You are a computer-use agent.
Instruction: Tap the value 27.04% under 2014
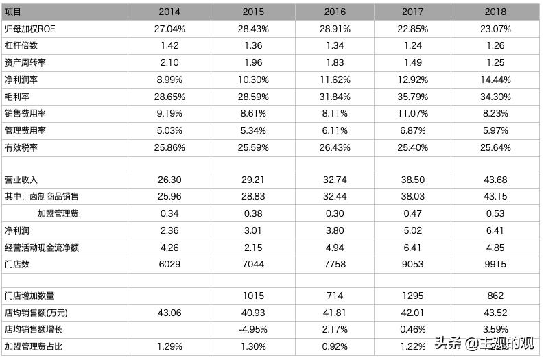169,29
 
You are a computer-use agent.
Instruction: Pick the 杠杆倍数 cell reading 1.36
253,46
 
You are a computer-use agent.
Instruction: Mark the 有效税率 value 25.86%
169,147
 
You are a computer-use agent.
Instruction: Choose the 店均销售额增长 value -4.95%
253,330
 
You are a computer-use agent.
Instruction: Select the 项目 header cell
14,12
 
